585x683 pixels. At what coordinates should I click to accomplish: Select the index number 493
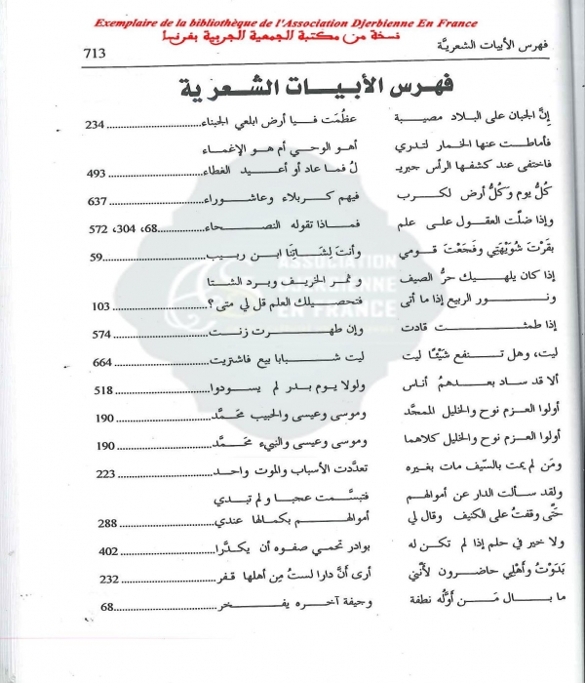(99, 173)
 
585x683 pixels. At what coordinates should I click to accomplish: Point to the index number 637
(99, 202)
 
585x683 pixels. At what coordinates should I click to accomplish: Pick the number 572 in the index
(99, 229)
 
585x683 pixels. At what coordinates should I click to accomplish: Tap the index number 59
(95, 258)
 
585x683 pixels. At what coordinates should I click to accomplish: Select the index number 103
(99, 305)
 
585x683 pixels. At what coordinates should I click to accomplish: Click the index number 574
(99, 334)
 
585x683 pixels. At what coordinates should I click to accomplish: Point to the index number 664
(99, 362)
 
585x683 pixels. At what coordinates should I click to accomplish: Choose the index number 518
(99, 390)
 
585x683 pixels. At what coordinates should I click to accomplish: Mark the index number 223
(99, 474)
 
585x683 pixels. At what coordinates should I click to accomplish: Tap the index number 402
(99, 551)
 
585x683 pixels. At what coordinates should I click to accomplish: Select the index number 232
(99, 579)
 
